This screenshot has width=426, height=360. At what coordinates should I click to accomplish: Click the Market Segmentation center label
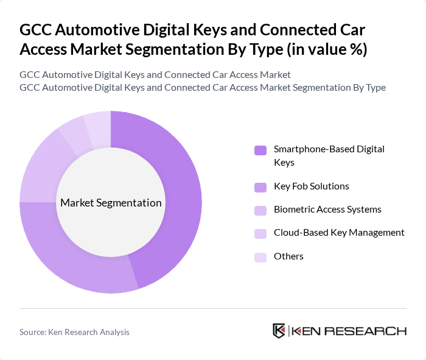tap(111, 203)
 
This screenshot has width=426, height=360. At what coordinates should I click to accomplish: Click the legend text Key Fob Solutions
tap(312, 186)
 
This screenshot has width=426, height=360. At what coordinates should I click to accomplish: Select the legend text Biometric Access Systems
tap(327, 210)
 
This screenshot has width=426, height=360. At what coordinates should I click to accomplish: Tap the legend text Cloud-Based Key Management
tap(339, 233)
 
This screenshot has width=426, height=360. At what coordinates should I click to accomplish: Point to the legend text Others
tap(288, 256)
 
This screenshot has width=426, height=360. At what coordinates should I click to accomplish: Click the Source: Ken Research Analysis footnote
tap(74, 332)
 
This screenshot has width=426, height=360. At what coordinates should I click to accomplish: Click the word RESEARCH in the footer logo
tap(372, 331)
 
